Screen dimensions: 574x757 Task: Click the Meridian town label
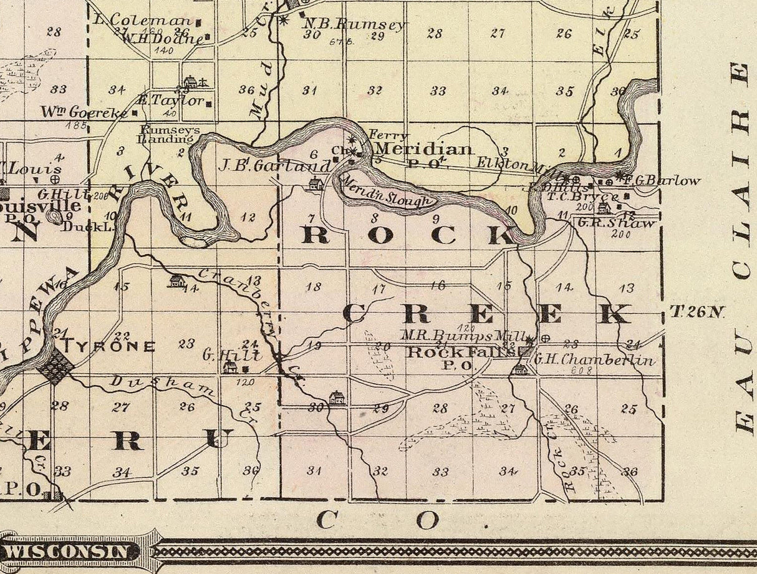[424, 149]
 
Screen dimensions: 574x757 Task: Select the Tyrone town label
[108, 346]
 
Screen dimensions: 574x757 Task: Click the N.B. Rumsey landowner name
[354, 24]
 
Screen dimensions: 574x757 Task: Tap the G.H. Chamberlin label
[594, 359]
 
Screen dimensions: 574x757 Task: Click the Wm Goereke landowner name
[84, 112]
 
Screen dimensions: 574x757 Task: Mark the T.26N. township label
[697, 311]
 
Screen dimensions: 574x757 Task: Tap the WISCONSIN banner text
[70, 552]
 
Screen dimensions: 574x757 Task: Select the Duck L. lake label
[87, 226]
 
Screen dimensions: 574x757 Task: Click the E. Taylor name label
[170, 100]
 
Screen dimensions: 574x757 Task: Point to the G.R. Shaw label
[616, 223]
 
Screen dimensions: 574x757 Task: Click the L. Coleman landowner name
[142, 20]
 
